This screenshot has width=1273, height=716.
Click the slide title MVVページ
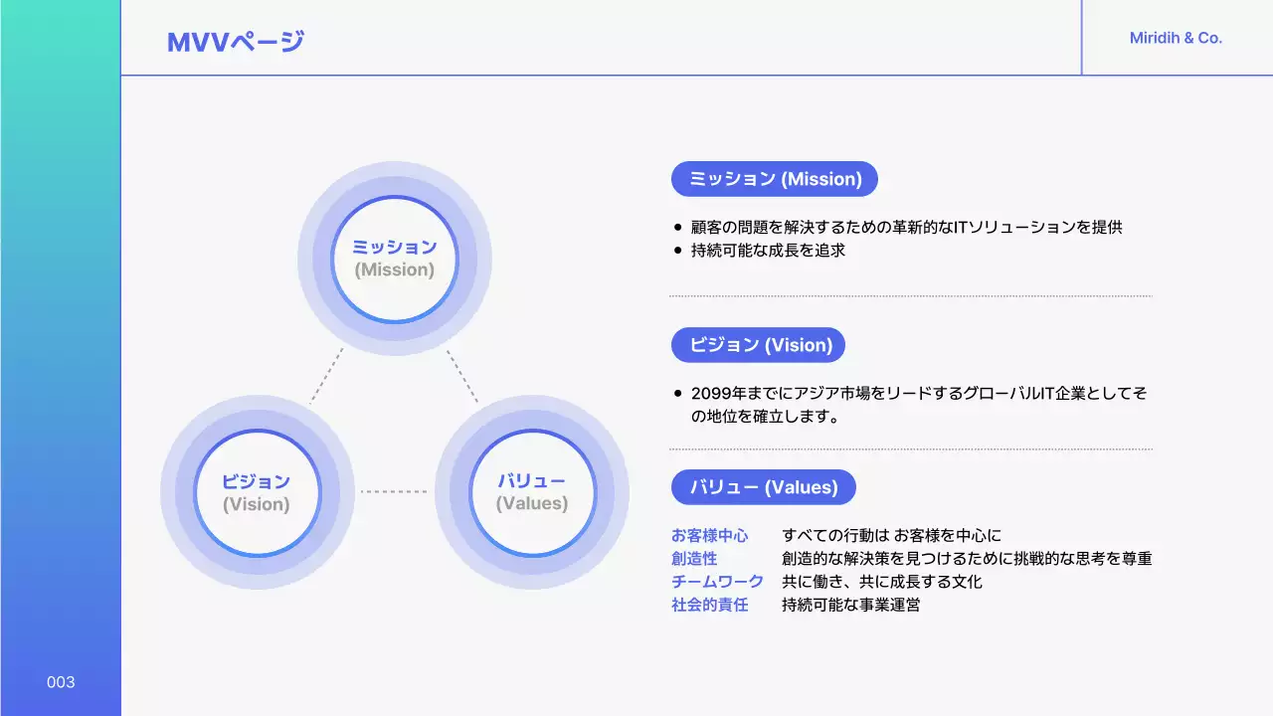tap(236, 42)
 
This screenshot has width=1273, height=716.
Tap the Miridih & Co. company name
tap(1176, 39)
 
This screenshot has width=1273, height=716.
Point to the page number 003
tap(61, 682)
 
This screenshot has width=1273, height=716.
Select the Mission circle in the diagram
tap(395, 259)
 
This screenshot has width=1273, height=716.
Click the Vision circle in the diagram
tap(257, 492)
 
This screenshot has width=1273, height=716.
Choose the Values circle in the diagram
tap(532, 492)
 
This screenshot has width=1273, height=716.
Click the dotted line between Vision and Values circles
tap(394, 491)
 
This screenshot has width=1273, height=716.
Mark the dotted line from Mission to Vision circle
tap(326, 376)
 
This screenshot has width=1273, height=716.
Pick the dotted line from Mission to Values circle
tap(462, 376)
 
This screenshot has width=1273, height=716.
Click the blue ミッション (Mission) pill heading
tap(775, 179)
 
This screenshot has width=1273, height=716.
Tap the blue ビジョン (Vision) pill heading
tap(758, 345)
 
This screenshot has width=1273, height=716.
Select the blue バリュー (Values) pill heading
tap(763, 487)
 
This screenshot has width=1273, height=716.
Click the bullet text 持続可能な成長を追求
tap(768, 251)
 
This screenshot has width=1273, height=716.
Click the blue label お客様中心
tap(709, 536)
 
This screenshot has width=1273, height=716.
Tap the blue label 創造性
tap(694, 559)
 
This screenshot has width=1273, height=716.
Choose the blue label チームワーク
tap(717, 582)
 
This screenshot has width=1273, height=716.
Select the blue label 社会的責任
tap(709, 605)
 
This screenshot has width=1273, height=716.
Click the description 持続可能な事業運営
tap(850, 605)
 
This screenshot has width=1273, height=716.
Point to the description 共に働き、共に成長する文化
tap(881, 582)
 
